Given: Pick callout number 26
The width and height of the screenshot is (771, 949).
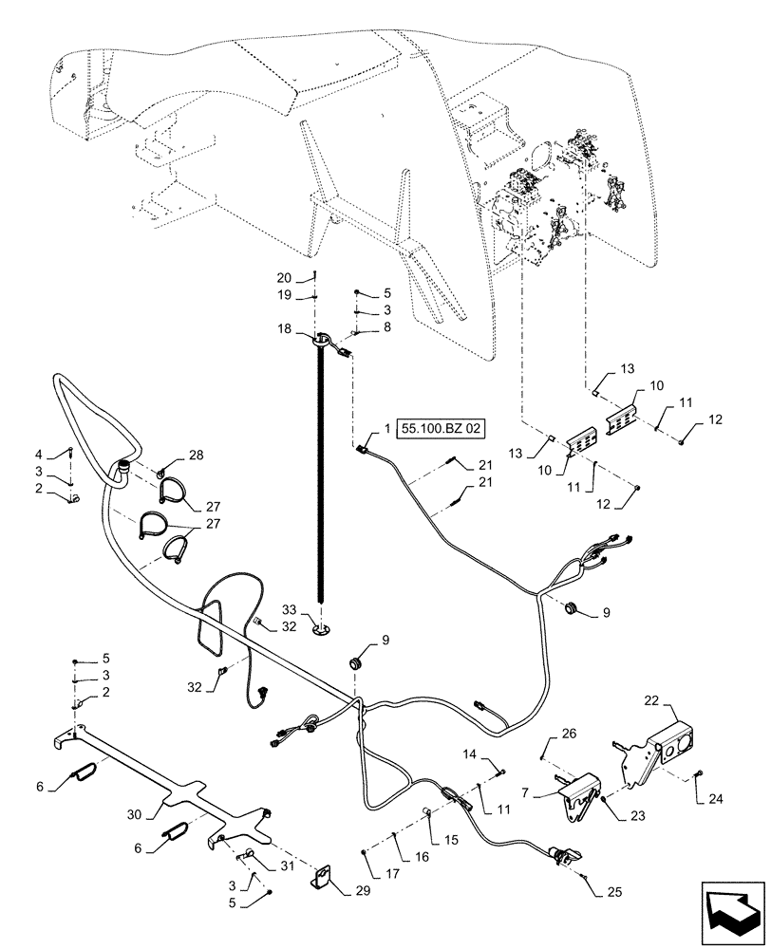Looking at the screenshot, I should click(x=567, y=732).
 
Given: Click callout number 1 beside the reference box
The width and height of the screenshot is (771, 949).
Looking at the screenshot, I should click(x=387, y=429).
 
